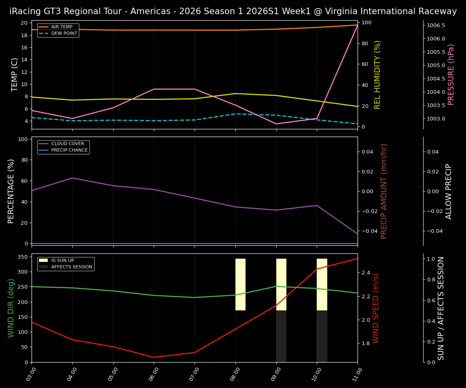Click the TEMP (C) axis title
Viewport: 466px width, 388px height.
(15, 74)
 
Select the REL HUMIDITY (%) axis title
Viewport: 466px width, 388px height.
(378, 74)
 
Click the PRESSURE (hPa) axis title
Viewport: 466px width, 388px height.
(451, 74)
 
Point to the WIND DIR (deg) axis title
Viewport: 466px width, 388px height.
(11, 308)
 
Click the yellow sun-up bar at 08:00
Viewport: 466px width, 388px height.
(241, 285)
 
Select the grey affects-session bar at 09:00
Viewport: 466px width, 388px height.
(281, 336)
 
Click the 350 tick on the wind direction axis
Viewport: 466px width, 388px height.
(22, 257)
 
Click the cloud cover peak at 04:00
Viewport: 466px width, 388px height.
(72, 178)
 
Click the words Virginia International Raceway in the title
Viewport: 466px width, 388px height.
(387, 11)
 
